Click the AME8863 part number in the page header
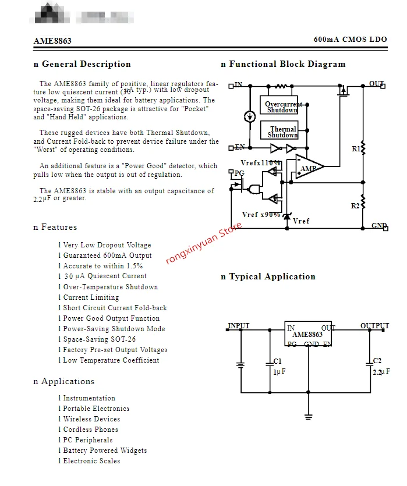click(x=52, y=41)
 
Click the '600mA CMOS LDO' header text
click(x=350, y=40)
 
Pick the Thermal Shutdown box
click(x=282, y=132)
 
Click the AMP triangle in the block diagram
click(x=307, y=168)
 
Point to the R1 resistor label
click(x=356, y=149)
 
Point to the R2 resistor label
click(x=355, y=206)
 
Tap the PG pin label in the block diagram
click(x=239, y=173)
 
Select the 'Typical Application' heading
click(x=268, y=276)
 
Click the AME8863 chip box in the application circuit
click(x=307, y=335)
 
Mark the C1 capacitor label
click(x=277, y=361)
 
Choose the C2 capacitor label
click(x=377, y=361)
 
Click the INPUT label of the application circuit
click(x=239, y=326)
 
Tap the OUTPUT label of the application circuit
click(x=374, y=326)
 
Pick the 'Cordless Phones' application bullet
click(x=90, y=430)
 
